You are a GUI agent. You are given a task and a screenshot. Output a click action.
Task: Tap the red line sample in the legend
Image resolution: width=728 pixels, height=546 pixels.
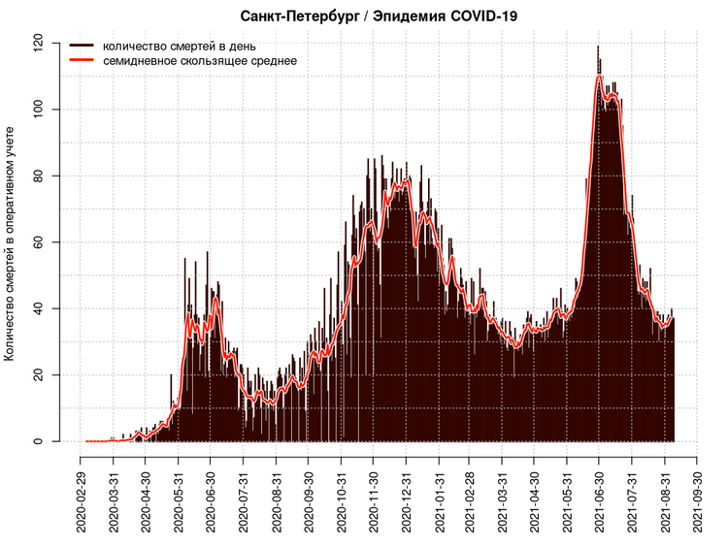tap(82, 60)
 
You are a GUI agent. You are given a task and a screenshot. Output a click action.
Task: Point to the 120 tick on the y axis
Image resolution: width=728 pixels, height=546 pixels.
tap(39, 44)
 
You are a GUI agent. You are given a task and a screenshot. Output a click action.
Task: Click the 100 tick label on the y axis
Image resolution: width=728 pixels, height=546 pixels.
tap(39, 110)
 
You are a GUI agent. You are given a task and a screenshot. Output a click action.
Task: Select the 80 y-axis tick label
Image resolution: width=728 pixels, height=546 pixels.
tap(39, 176)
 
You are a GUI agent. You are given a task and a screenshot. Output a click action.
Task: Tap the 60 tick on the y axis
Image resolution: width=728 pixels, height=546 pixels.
tap(39, 242)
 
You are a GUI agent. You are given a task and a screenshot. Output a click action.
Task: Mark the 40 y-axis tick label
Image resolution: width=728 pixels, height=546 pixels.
tap(39, 308)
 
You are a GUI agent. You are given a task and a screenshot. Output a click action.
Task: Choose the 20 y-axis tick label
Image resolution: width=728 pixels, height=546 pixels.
tap(39, 374)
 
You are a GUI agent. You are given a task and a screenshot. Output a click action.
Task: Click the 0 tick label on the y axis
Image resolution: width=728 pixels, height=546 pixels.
tap(39, 441)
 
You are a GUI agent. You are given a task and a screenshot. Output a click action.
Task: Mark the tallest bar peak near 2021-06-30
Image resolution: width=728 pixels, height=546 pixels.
tap(598, 48)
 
